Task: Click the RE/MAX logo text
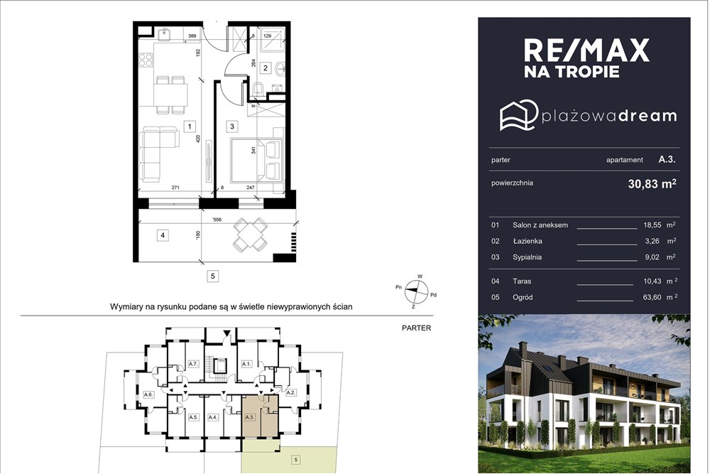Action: pyautogui.click(x=586, y=50)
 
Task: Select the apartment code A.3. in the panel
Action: pyautogui.click(x=666, y=160)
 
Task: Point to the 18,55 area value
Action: pyautogui.click(x=653, y=225)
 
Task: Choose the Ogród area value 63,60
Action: pyautogui.click(x=653, y=297)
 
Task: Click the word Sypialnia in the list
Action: pyautogui.click(x=527, y=257)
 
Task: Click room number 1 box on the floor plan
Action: pyautogui.click(x=189, y=126)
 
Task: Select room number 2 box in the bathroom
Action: pyautogui.click(x=266, y=69)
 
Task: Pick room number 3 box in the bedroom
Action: pyautogui.click(x=231, y=126)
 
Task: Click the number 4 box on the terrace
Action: pyautogui.click(x=163, y=235)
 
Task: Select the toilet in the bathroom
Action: pyautogui.click(x=258, y=88)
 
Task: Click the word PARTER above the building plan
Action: pyautogui.click(x=416, y=328)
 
